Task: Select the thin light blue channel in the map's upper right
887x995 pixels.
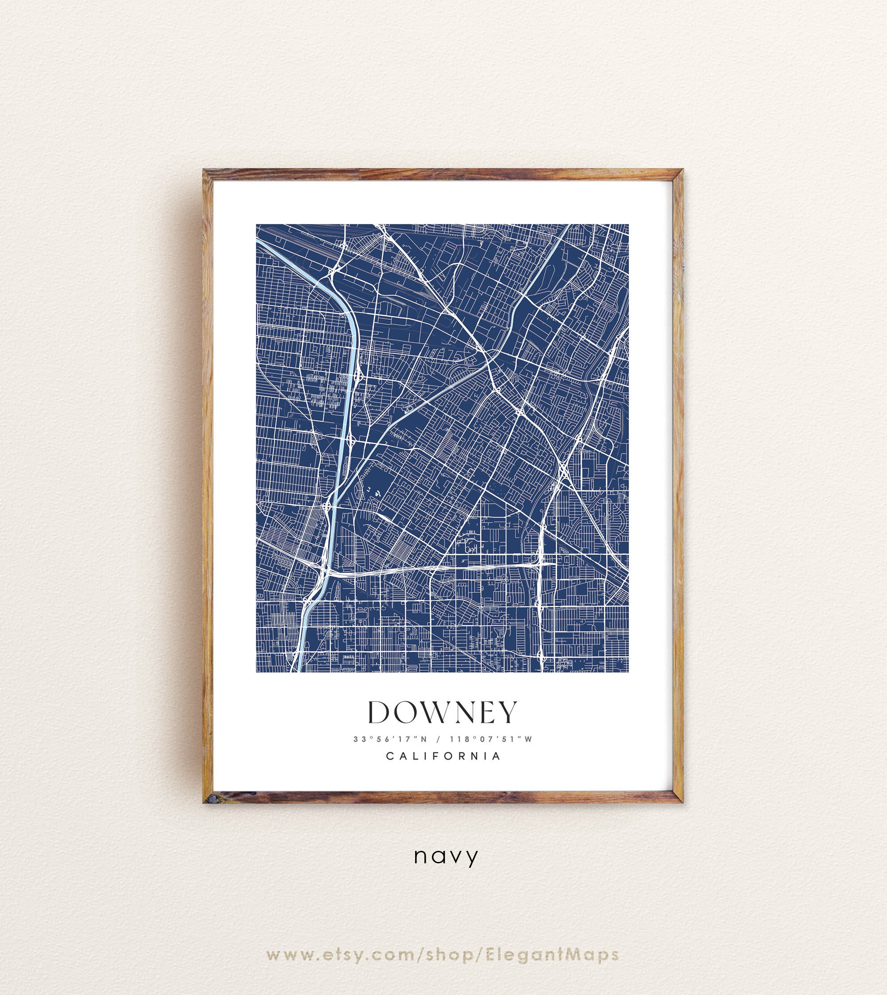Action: tap(546, 273)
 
